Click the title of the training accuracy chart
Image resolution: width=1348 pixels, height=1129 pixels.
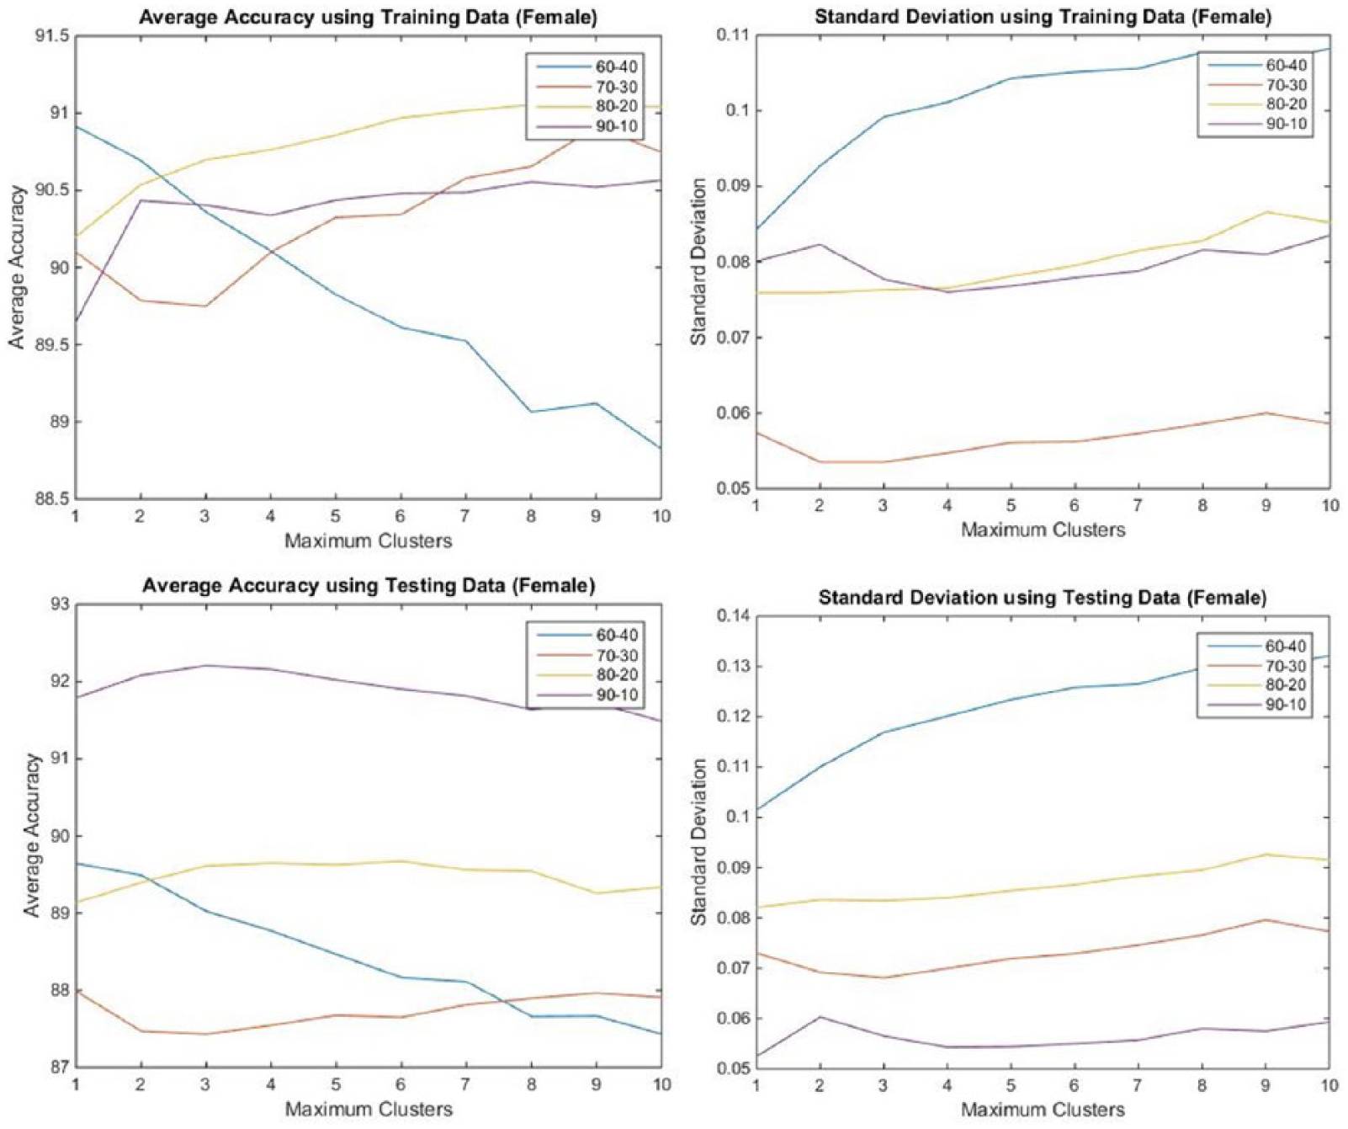tap(368, 17)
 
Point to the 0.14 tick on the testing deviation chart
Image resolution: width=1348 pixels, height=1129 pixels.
tap(733, 615)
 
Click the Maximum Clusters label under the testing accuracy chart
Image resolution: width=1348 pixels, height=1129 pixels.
tap(369, 1109)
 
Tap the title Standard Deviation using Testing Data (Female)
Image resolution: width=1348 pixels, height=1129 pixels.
tap(1042, 598)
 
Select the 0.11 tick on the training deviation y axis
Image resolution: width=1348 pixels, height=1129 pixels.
tap(733, 35)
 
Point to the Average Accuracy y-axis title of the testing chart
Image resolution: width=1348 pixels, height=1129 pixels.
tap(32, 835)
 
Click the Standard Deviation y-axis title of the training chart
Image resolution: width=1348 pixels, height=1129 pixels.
tap(698, 262)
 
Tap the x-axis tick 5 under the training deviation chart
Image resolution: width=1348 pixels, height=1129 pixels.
tap(1011, 505)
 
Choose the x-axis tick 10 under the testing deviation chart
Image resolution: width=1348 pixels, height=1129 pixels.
tap(1329, 1085)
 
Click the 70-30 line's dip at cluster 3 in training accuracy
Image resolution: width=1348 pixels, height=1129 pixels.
tap(205, 306)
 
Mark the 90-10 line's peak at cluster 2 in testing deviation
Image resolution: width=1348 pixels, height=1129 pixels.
tap(820, 1016)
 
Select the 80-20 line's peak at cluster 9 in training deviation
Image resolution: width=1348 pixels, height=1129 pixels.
tap(1266, 211)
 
